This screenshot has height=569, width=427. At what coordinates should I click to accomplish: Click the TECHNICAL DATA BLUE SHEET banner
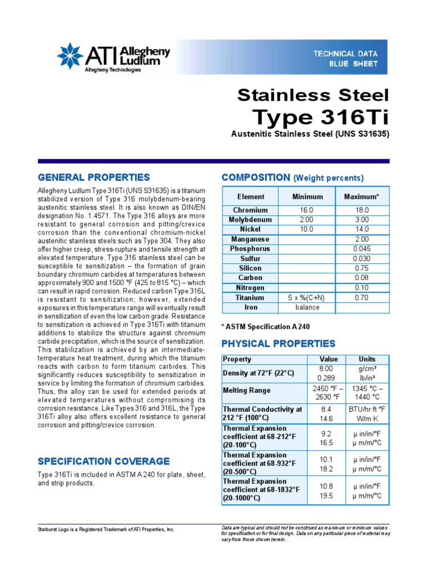[x=345, y=58]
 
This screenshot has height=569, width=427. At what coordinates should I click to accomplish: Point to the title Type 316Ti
[x=320, y=117]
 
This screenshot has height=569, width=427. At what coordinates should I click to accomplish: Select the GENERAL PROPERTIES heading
[x=93, y=177]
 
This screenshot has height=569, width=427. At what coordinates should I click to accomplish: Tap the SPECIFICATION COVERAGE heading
[x=103, y=461]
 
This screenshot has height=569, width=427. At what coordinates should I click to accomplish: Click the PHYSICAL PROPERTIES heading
[x=278, y=343]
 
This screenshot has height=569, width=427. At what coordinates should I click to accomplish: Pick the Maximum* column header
[x=361, y=197]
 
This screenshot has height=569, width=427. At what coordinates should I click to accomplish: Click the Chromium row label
[x=250, y=210]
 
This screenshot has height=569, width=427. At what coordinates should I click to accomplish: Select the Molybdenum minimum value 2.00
[x=307, y=219]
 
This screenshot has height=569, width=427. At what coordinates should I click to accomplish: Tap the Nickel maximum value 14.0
[x=361, y=229]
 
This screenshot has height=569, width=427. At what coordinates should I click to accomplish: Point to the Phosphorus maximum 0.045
[x=361, y=248]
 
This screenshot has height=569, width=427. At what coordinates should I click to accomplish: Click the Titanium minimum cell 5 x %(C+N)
[x=307, y=297]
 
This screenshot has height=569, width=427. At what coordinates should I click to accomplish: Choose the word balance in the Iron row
[x=307, y=307]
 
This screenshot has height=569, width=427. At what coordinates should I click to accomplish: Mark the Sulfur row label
[x=250, y=258]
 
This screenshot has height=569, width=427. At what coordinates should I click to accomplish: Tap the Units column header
[x=367, y=359]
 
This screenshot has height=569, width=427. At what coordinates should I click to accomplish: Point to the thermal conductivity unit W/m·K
[x=367, y=418]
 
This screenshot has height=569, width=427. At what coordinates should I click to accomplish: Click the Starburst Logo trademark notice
[x=106, y=530]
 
